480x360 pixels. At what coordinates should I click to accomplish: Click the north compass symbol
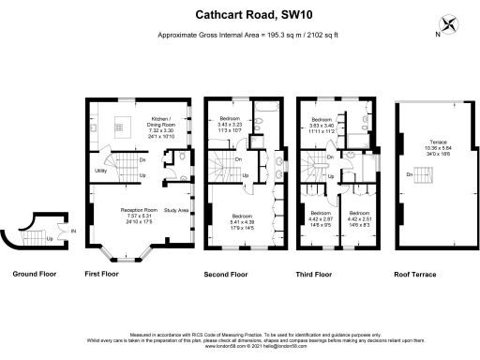[x=451, y=26]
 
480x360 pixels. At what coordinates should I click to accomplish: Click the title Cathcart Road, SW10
[x=240, y=15]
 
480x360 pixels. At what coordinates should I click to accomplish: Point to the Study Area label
[x=174, y=209]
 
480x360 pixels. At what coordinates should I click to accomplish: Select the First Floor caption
[x=105, y=275]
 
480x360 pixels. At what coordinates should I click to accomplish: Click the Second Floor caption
[x=226, y=275]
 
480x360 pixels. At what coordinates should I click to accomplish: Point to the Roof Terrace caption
[x=426, y=275]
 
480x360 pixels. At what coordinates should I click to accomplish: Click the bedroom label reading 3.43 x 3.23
[x=230, y=124]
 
